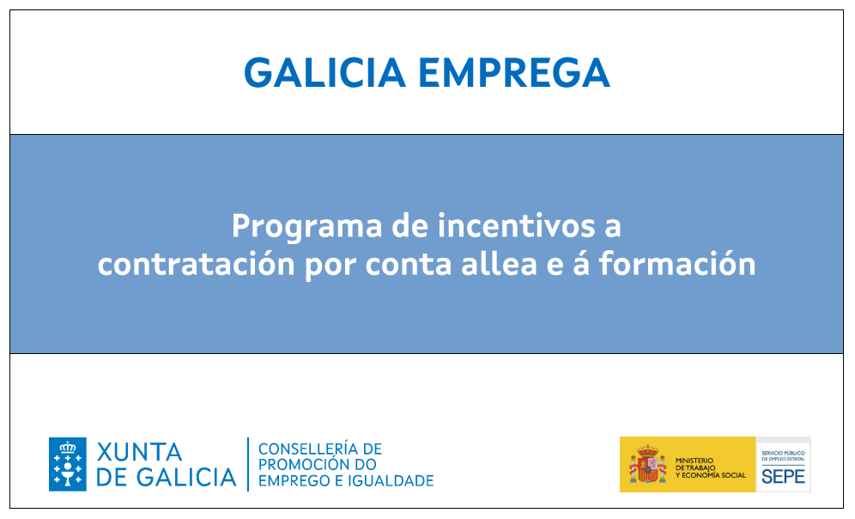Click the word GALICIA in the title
(x=324, y=72)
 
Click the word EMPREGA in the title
(x=513, y=72)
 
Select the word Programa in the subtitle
(x=307, y=227)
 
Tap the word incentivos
(x=517, y=225)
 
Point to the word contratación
(x=197, y=264)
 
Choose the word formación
(x=677, y=264)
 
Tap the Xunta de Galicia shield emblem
(x=68, y=464)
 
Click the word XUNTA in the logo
(x=139, y=452)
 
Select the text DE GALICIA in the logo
(x=167, y=478)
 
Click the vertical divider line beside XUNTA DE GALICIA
(x=248, y=464)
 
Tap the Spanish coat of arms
(x=647, y=464)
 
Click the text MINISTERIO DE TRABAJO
(x=695, y=464)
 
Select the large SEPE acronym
(x=783, y=476)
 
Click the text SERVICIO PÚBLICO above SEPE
(x=783, y=453)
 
